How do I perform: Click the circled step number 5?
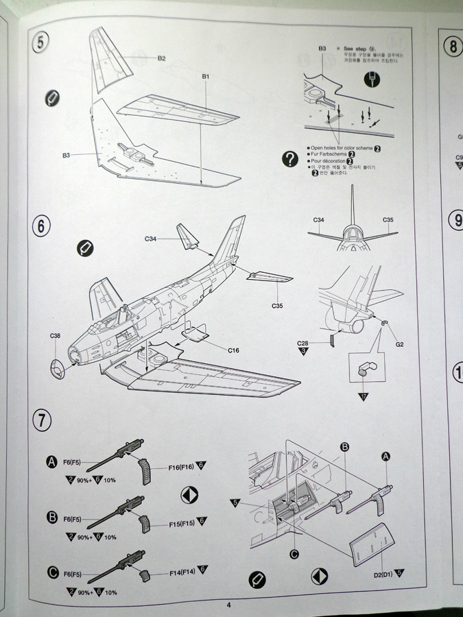click(42, 43)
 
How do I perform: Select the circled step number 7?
click(42, 420)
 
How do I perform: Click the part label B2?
click(161, 59)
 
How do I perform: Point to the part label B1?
click(205, 76)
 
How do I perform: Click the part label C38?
click(56, 336)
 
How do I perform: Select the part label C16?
click(233, 350)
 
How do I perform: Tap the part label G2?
click(399, 343)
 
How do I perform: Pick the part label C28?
click(302, 342)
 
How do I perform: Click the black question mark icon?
click(289, 158)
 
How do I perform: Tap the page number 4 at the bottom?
click(228, 605)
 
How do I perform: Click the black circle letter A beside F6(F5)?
click(51, 463)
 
